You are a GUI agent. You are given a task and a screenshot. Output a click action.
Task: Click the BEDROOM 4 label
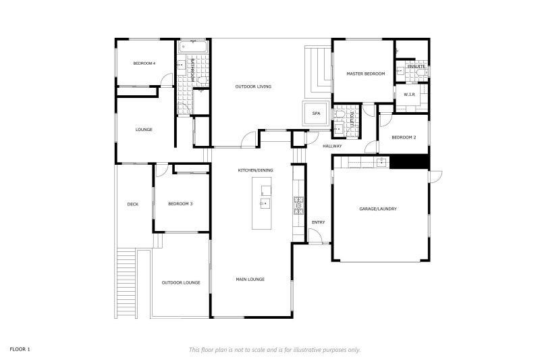click(x=144, y=63)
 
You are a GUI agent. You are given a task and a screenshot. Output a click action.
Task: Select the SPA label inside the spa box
click(x=315, y=113)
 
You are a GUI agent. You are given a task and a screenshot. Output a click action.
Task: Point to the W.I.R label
click(x=409, y=95)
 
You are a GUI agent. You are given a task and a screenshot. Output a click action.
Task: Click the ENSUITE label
click(x=416, y=66)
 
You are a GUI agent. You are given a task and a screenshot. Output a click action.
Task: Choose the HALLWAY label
click(x=332, y=146)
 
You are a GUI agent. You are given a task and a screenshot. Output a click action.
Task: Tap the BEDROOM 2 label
click(x=405, y=137)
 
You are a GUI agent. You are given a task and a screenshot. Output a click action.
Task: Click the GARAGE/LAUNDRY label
click(x=378, y=209)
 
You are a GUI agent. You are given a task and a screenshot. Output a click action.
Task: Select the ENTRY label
click(x=318, y=222)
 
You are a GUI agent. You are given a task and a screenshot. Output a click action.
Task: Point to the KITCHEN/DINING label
click(x=254, y=170)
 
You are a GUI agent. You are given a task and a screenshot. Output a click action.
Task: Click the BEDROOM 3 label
click(x=180, y=203)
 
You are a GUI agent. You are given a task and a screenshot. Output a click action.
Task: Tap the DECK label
click(x=133, y=204)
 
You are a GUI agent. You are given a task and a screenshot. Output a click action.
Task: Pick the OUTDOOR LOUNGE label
click(x=180, y=282)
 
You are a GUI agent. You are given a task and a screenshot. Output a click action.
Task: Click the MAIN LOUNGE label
click(x=250, y=279)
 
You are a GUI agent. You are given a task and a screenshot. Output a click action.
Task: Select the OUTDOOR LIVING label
click(x=253, y=86)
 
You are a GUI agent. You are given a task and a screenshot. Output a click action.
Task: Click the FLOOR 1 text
click(x=20, y=349)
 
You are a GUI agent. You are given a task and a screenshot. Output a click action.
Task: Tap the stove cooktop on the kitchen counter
click(x=298, y=205)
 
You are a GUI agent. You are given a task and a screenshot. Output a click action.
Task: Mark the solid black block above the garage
click(x=410, y=162)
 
